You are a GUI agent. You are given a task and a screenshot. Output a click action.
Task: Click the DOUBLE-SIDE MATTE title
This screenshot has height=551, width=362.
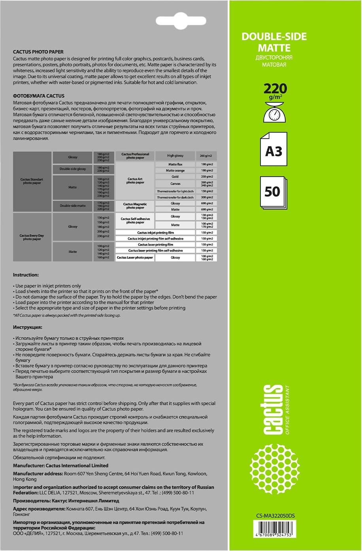tap(274, 42)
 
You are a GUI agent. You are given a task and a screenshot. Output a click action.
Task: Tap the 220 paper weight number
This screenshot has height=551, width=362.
tap(275, 89)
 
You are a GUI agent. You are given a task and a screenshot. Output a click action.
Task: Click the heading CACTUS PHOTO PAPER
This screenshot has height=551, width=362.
tap(38, 52)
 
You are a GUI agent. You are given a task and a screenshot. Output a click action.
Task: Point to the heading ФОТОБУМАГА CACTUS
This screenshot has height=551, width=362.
tap(39, 96)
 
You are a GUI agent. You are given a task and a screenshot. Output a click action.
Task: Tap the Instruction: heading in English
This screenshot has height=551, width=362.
tap(26, 274)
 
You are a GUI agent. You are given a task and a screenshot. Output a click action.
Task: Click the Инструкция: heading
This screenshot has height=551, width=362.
tap(28, 327)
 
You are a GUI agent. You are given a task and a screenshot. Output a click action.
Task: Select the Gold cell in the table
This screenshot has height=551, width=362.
tap(175, 177)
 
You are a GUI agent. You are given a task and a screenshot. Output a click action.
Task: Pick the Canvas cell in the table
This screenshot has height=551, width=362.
tap(175, 184)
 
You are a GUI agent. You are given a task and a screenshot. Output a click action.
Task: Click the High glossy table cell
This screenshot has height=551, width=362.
tap(175, 156)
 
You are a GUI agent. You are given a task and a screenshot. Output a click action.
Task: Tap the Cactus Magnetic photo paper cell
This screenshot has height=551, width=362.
tap(135, 206)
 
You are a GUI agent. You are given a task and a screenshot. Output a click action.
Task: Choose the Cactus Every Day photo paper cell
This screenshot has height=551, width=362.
tap(32, 237)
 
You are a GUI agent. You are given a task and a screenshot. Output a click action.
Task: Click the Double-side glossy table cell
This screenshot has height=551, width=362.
tap(73, 169)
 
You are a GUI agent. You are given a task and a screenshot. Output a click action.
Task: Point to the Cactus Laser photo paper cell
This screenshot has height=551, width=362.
tap(135, 258)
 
